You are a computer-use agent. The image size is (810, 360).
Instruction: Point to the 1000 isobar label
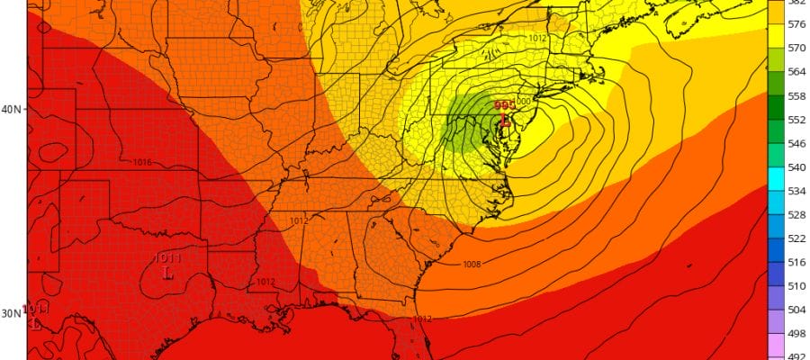(522, 102)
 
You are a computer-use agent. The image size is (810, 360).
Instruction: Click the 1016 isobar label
(142, 163)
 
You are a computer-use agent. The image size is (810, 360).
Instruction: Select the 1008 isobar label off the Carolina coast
(471, 265)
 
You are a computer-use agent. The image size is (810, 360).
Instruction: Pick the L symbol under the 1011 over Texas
(167, 271)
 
